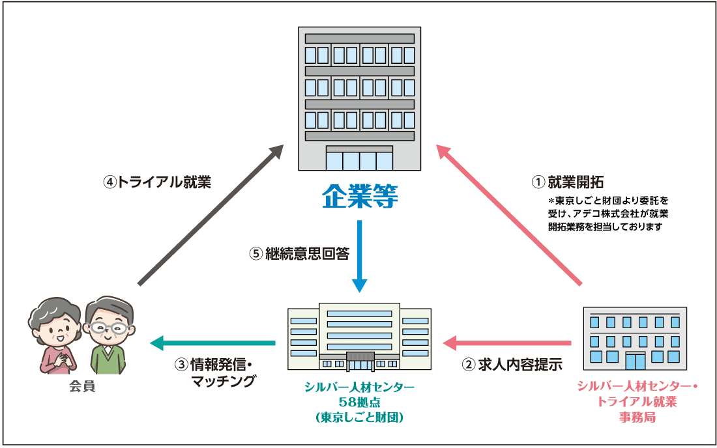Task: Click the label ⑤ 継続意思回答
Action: coord(299,254)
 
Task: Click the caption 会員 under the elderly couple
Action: coord(82,387)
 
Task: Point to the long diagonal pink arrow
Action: coord(508,215)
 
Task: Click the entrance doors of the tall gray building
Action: coord(359,160)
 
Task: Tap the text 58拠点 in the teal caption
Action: coord(358,402)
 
